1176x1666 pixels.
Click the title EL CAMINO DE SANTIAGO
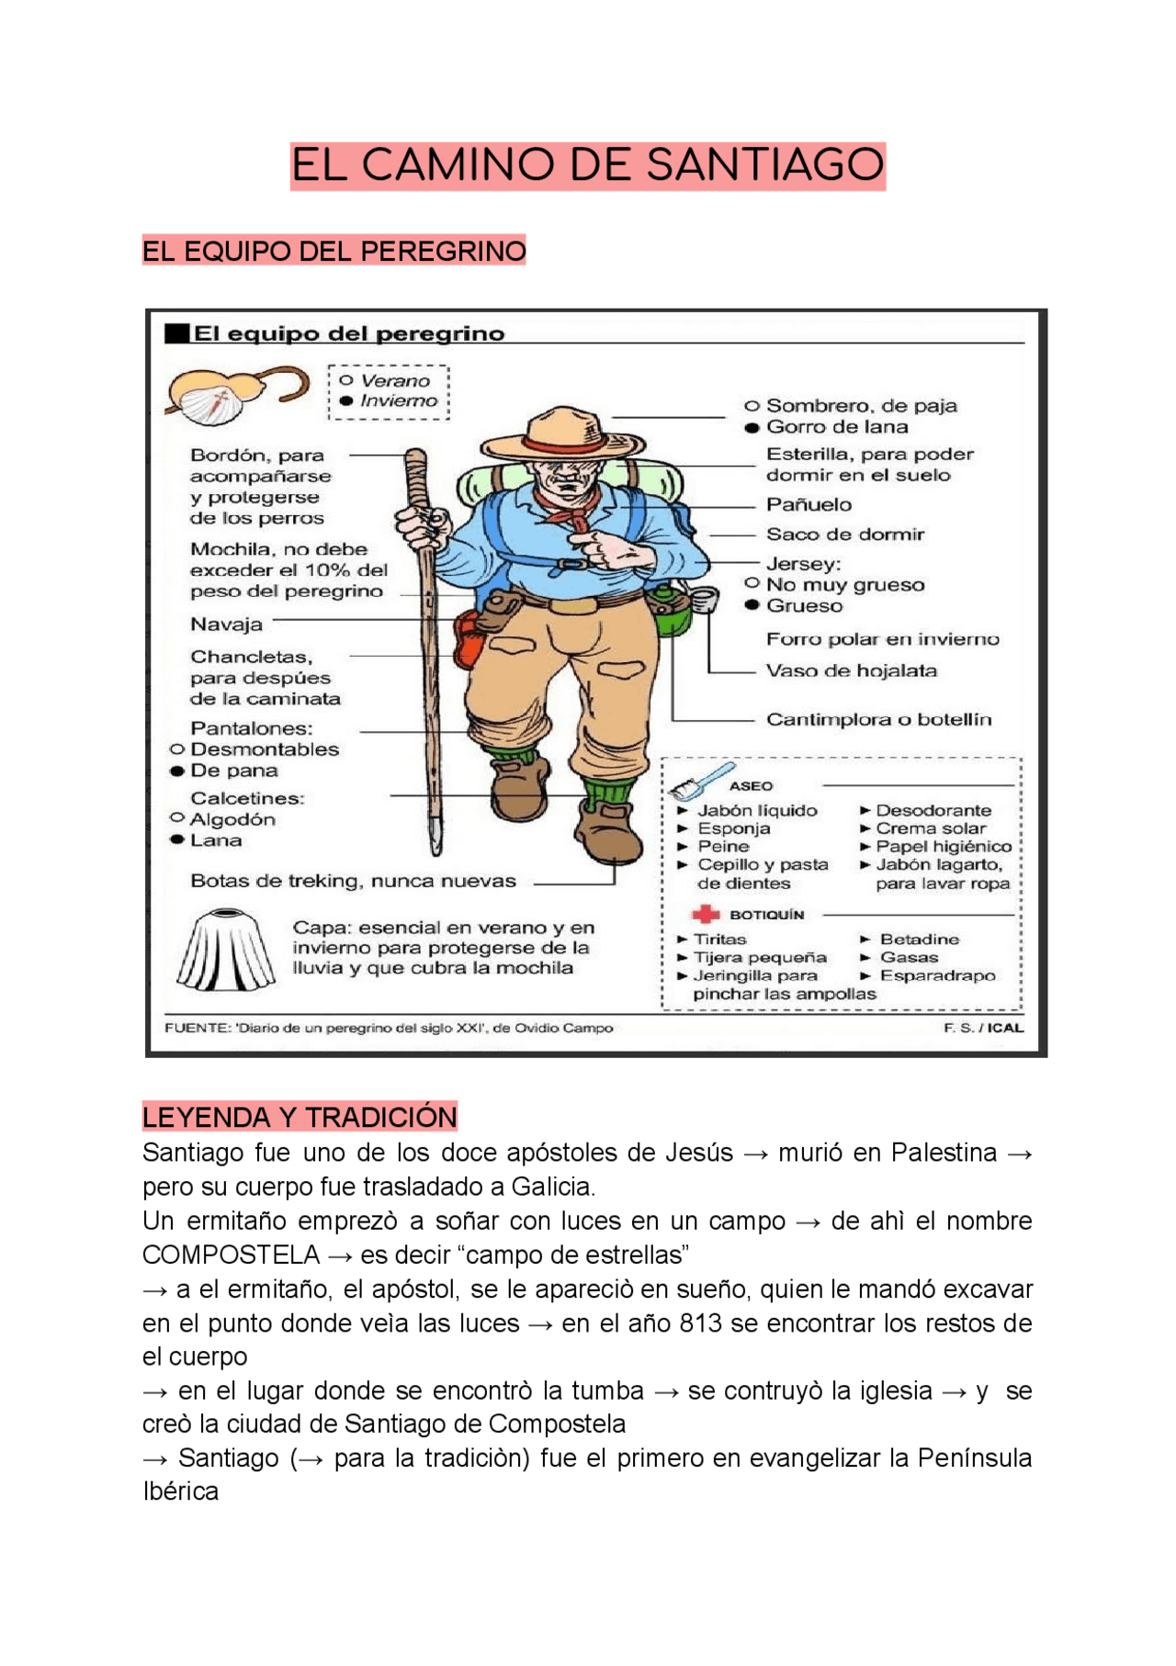point(587,166)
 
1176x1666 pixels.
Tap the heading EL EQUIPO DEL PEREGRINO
point(334,251)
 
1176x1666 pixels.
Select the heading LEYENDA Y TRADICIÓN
point(300,1117)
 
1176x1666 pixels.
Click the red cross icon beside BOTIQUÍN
point(705,915)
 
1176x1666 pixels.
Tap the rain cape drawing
point(224,950)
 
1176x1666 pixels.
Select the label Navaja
point(226,625)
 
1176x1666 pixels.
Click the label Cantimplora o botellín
point(878,719)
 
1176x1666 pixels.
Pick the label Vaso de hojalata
point(851,670)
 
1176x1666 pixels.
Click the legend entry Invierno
point(399,401)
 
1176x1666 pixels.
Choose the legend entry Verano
point(395,380)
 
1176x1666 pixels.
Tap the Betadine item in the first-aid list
point(919,939)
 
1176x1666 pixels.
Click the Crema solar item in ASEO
point(930,828)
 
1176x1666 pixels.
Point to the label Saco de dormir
point(844,535)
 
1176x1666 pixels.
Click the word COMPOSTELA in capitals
point(231,1255)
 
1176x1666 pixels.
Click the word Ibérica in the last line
point(181,1492)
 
